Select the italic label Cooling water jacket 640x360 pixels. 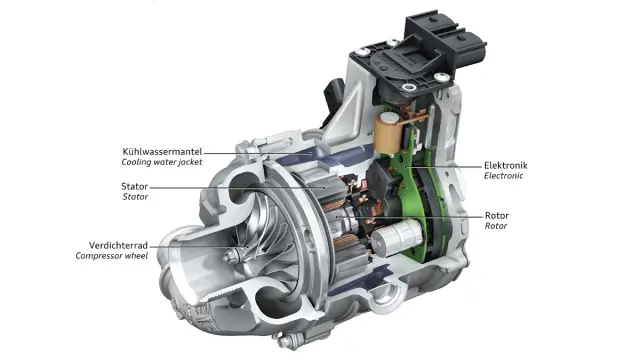pos(163,162)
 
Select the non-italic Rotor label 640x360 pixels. pos(497,215)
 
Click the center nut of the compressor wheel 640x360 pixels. pos(232,256)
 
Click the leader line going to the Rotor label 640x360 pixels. pos(440,216)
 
